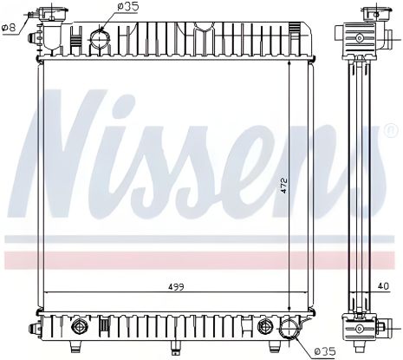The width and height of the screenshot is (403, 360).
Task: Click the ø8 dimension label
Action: tap(9, 28)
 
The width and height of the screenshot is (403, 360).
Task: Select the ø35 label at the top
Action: tap(127, 8)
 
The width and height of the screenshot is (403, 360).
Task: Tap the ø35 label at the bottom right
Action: tap(323, 350)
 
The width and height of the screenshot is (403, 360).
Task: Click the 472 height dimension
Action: tap(283, 187)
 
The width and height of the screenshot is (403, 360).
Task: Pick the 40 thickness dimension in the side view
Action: tap(382, 284)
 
